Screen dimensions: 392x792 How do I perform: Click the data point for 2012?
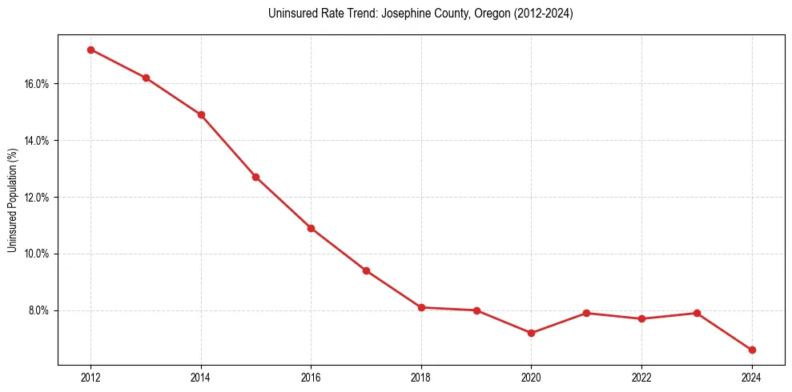90,50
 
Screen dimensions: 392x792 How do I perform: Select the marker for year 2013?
146,78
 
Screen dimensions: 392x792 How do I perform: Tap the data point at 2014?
201,114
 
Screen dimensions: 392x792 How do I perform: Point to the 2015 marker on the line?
255,177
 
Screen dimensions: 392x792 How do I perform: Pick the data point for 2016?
311,228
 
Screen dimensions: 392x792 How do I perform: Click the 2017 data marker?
366,270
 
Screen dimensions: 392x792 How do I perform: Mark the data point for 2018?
421,307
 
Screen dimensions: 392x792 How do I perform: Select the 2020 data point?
531,333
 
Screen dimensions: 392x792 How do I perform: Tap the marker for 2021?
586,313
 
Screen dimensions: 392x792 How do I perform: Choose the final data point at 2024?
752,350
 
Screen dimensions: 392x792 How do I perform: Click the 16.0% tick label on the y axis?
38,84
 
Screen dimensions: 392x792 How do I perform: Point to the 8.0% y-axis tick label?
40,310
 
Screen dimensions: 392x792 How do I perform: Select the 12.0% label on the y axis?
38,197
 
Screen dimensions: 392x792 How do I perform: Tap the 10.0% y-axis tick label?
38,254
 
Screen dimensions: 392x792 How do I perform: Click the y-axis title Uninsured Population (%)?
12,200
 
